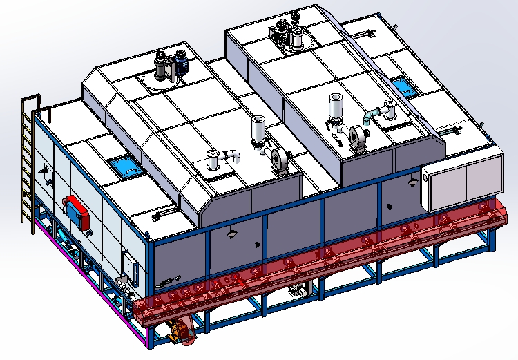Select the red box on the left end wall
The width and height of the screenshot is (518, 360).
click(x=76, y=209)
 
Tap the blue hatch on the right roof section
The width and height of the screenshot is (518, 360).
click(x=402, y=87)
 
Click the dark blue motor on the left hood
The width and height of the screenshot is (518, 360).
click(x=182, y=64)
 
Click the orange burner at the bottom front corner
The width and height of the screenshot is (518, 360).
click(x=182, y=331)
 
